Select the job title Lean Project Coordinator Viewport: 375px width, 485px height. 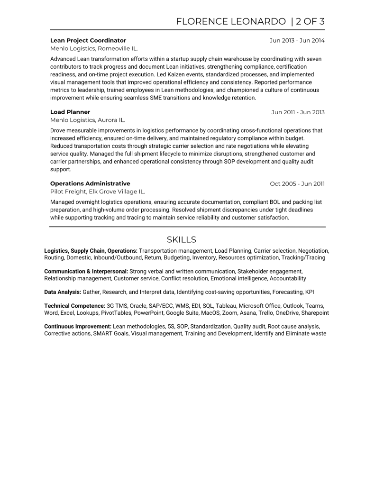point(88,40)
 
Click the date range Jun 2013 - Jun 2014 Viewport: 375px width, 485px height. point(297,40)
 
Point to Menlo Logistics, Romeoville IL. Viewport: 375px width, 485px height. point(94,48)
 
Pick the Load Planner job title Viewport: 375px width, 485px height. point(70,112)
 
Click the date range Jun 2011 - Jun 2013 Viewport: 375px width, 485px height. point(298,112)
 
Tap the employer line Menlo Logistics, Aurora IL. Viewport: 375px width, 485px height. point(88,120)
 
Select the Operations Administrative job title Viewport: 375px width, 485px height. point(90,183)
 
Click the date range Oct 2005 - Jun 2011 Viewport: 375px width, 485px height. point(297,183)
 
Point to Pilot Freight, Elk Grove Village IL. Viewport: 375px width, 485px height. point(98,192)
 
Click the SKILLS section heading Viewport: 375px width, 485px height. point(181,239)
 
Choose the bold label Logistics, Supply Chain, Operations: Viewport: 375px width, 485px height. point(91,250)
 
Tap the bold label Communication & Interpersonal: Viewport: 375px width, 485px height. point(86,271)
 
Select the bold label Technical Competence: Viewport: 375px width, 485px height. point(74,306)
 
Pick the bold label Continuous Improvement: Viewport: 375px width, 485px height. point(78,327)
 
